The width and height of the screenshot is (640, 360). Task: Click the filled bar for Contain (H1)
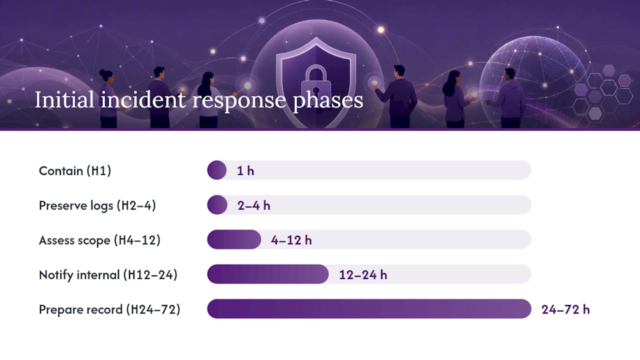217,170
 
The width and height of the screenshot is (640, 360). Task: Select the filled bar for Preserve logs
217,205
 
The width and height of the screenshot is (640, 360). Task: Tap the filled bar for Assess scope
234,239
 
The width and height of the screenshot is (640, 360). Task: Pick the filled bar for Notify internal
268,274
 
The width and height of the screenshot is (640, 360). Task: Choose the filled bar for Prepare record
369,309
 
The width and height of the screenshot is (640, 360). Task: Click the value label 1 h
245,171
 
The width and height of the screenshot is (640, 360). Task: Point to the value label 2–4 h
253,205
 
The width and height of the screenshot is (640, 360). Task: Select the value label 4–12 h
291,240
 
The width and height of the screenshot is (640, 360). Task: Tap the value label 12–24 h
363,275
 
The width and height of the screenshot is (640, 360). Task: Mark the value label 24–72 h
565,309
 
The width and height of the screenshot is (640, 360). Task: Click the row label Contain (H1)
75,171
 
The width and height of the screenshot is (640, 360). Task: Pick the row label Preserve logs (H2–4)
97,205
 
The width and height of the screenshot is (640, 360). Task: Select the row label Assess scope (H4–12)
99,240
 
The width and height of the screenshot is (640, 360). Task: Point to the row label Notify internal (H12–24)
108,275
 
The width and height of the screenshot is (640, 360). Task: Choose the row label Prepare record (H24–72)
109,309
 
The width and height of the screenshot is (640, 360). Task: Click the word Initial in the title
64,99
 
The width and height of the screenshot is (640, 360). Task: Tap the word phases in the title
328,101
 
